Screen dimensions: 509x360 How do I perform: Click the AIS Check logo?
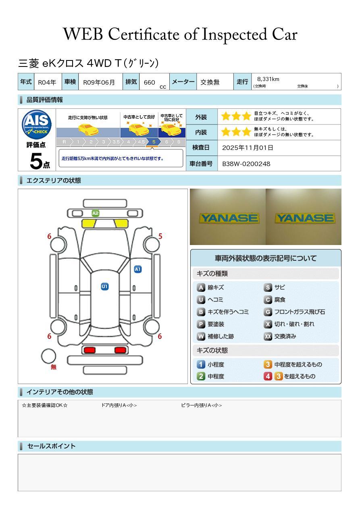[x=37, y=125]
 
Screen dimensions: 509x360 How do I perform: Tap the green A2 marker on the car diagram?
[x=96, y=213]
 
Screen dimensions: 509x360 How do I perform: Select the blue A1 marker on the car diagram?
[x=138, y=269]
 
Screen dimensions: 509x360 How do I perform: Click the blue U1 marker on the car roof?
[x=105, y=287]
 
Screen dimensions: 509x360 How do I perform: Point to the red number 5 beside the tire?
[x=160, y=236]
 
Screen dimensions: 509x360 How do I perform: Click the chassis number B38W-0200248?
[x=246, y=164]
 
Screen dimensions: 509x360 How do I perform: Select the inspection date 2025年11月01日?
[x=248, y=148]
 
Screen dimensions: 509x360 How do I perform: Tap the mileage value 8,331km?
[x=268, y=79]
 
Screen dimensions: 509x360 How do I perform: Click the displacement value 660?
[x=149, y=82]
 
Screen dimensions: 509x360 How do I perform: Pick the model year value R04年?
[x=47, y=82]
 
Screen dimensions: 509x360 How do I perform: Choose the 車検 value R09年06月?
[x=99, y=82]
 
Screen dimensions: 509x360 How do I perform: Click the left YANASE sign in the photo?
[x=229, y=218]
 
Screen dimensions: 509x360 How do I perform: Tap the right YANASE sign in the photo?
[x=304, y=218]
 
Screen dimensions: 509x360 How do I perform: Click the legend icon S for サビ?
[x=268, y=288]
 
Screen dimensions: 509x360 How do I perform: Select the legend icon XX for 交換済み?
[x=268, y=337]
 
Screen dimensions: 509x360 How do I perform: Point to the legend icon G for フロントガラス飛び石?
[x=268, y=312]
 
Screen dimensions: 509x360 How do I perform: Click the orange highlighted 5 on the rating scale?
[x=154, y=142]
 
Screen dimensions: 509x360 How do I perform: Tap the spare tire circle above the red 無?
[x=49, y=356]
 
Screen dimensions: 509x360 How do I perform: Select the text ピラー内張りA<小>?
[x=201, y=405]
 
